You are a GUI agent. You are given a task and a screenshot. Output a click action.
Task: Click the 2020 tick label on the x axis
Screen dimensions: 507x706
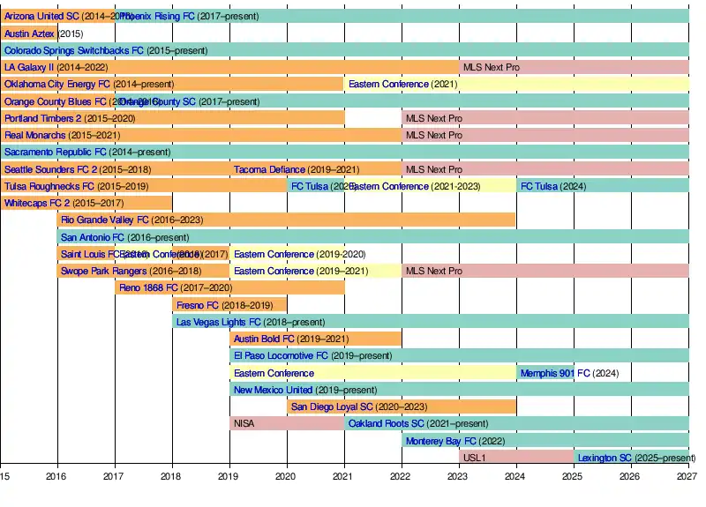[x=286, y=477]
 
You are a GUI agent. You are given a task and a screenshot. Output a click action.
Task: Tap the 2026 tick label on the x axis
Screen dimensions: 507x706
[x=629, y=477]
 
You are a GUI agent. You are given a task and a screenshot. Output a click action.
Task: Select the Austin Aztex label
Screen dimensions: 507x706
[x=29, y=34]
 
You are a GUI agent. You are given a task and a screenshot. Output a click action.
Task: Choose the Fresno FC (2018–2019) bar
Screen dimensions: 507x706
[x=229, y=304]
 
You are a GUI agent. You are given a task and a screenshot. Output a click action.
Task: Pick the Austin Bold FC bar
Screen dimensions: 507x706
[x=315, y=339]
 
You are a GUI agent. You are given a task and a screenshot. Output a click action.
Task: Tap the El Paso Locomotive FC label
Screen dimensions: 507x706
[x=281, y=355]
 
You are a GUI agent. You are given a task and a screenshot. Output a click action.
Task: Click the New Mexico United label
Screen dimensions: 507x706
[x=273, y=390]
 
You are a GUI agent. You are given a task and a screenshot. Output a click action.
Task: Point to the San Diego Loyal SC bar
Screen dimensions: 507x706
[x=402, y=406]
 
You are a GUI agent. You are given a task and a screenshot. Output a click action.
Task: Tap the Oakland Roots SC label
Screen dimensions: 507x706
[x=387, y=423]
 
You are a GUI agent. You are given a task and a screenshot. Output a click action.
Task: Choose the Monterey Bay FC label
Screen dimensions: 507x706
[x=441, y=440]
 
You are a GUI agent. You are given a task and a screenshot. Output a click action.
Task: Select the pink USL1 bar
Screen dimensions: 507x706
[x=516, y=457]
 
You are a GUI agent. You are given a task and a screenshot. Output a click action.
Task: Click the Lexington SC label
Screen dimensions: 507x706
[x=605, y=458]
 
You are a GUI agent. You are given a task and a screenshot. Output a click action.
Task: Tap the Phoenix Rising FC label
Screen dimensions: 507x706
[x=155, y=16]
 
